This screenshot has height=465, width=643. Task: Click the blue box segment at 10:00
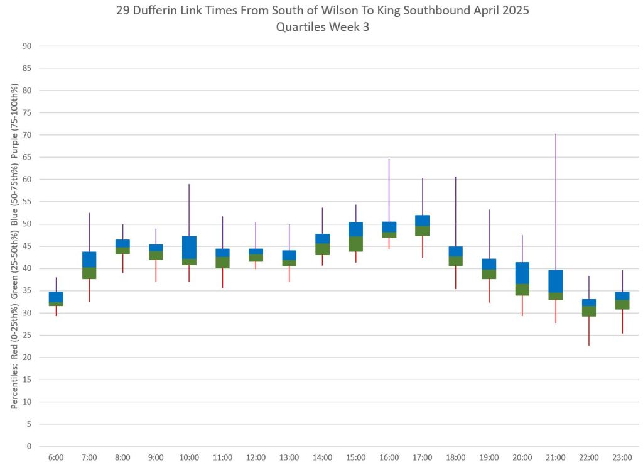[x=189, y=248]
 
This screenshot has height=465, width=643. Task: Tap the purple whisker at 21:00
[x=556, y=201]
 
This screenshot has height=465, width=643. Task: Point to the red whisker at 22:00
[x=589, y=331]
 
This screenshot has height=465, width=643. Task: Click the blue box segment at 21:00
[x=556, y=281]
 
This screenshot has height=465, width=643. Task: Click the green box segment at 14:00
[x=322, y=249]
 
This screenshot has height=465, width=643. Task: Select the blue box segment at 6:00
[x=56, y=297]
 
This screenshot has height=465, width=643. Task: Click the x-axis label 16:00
[x=389, y=457]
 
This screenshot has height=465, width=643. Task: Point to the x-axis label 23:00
[x=622, y=457]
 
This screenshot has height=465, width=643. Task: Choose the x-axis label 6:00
[x=56, y=457]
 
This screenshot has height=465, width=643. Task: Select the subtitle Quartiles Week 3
[x=322, y=28]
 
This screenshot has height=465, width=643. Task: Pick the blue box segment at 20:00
[x=522, y=273]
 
